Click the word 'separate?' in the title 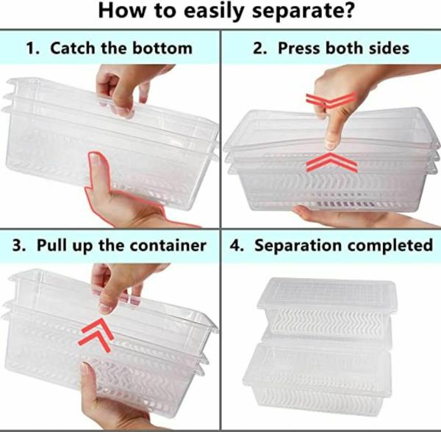coord(303,11)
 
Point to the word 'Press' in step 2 coord(299,48)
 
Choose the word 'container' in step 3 coord(168,245)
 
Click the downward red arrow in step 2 coord(331,100)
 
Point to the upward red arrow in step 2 coord(331,162)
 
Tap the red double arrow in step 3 coord(96,334)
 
